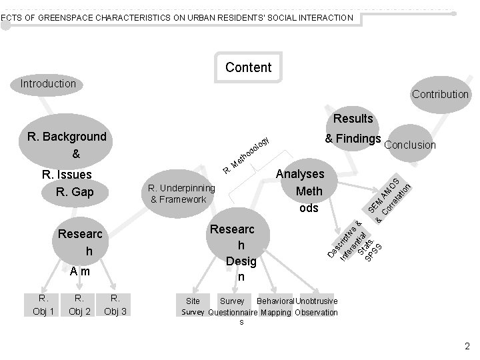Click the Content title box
pos(248,67)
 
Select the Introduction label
pos(48,84)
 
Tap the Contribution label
pos(440,94)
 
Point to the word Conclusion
pos(410,145)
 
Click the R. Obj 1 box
pos(43,304)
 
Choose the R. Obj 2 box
pos(79,304)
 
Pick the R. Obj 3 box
pos(115,304)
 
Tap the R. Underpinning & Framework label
pos(182,194)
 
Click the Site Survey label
pos(193,307)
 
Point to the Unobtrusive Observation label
pos(317,307)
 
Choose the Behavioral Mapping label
pos(275,307)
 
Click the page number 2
pos(467,346)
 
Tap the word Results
pos(353,119)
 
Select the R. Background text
pos(67,137)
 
